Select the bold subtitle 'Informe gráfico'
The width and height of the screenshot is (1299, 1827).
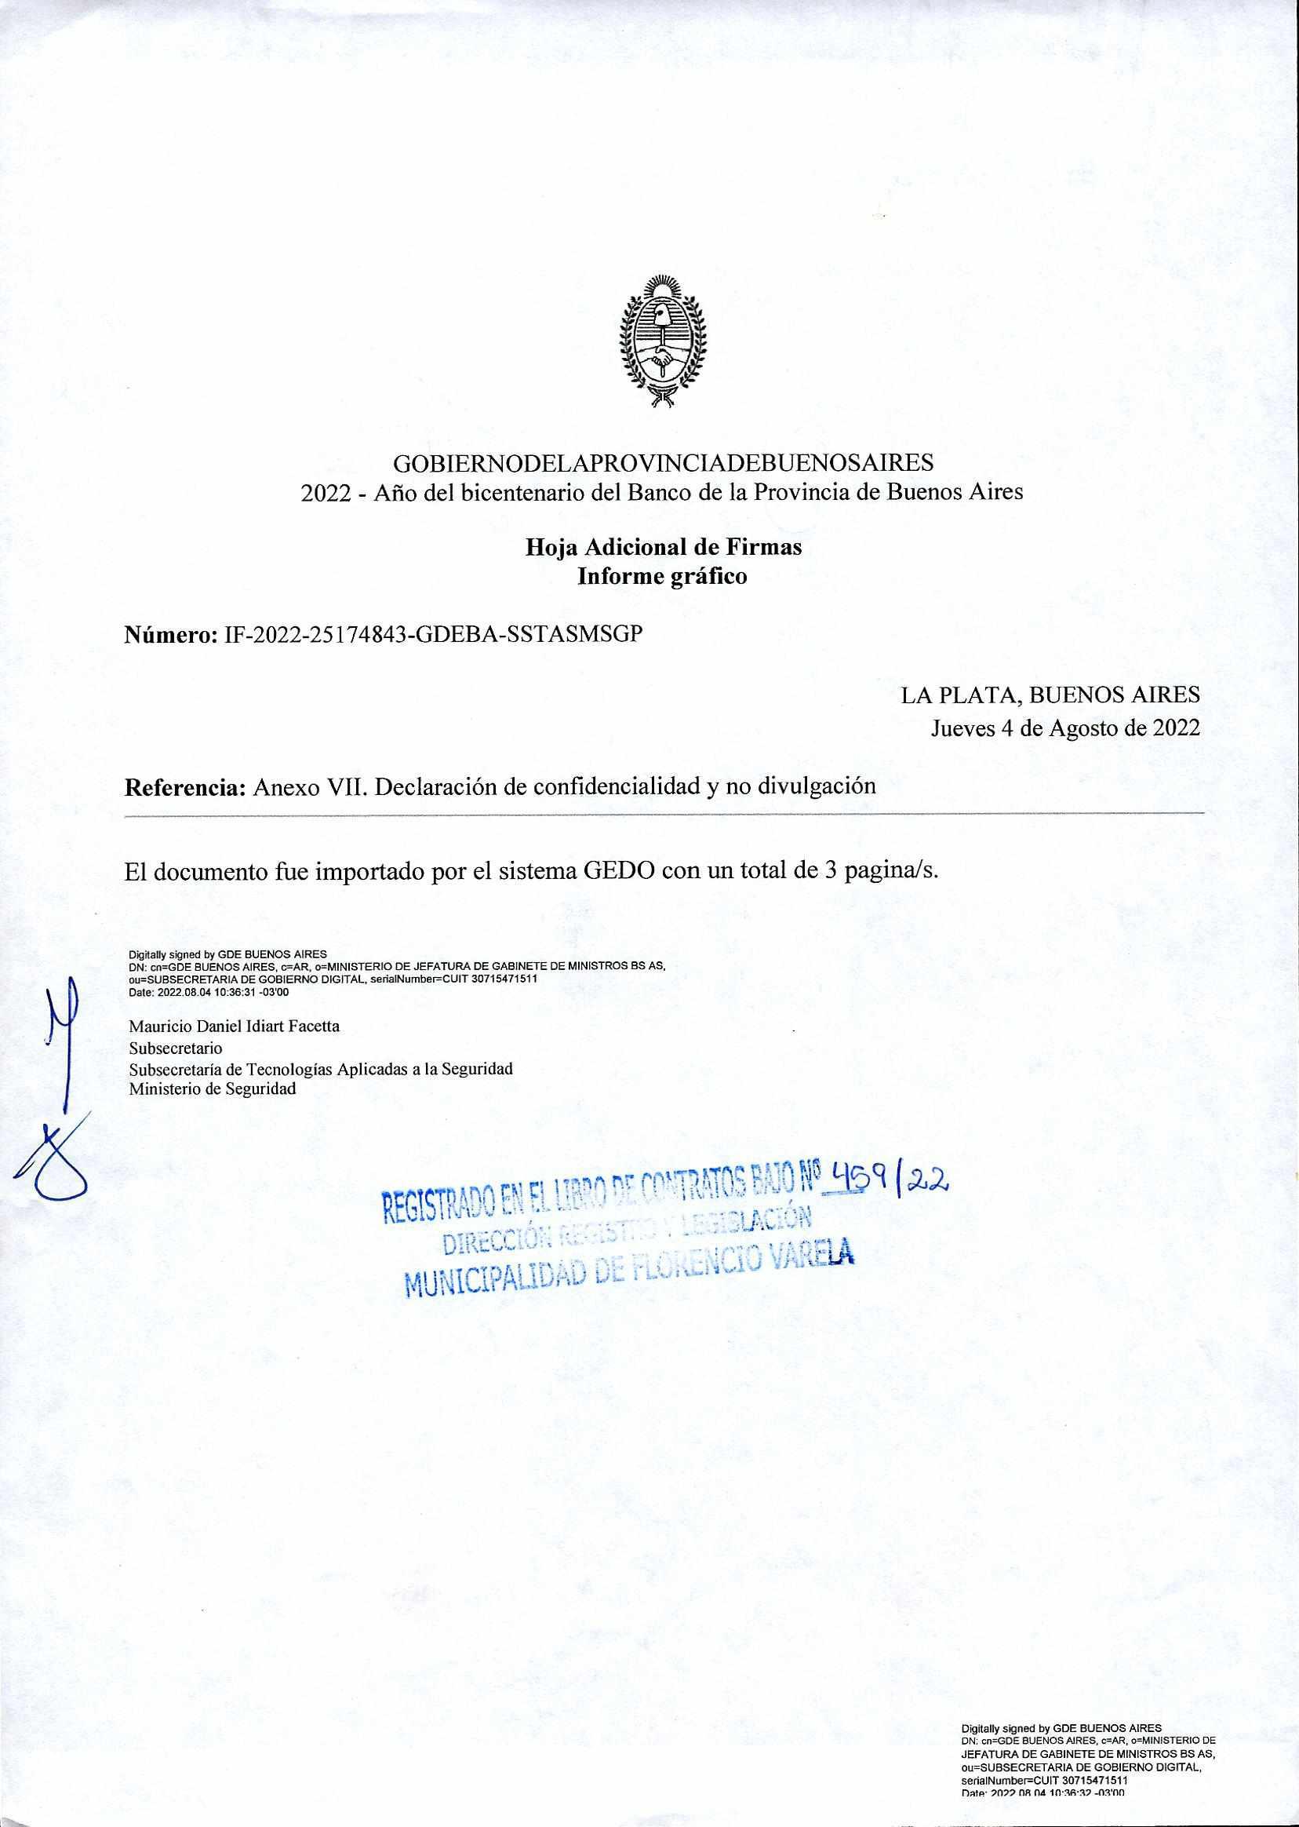(662, 576)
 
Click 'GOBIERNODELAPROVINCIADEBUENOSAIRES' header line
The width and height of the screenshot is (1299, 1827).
(662, 462)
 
